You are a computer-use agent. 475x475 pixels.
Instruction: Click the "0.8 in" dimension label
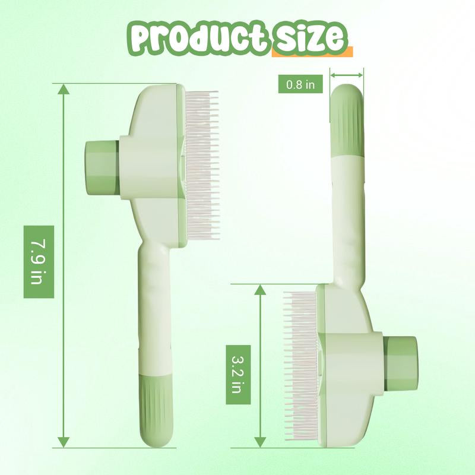pos(301,84)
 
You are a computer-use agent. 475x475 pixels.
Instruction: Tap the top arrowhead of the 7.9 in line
pos(64,90)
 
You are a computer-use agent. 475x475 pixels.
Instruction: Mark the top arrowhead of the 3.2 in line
pos(260,290)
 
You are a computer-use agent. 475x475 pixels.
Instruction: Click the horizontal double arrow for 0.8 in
pos(347,75)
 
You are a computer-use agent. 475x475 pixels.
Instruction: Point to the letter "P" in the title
pos(142,38)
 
